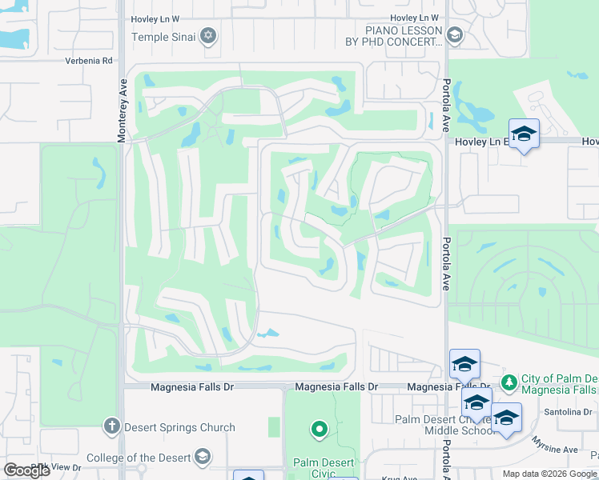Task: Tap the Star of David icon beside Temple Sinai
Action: [208, 35]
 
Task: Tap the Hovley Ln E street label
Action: [481, 142]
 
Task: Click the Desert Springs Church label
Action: [179, 427]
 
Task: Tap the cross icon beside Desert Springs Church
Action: [112, 427]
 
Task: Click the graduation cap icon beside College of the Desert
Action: [202, 457]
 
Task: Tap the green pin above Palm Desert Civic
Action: [319, 430]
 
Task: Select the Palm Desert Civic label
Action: [318, 462]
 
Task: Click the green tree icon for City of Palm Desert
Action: [508, 381]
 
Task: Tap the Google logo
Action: [26, 470]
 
